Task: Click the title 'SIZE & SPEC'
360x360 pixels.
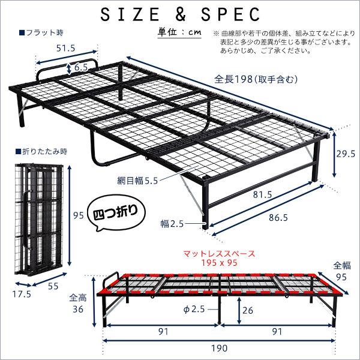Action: click(179, 13)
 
